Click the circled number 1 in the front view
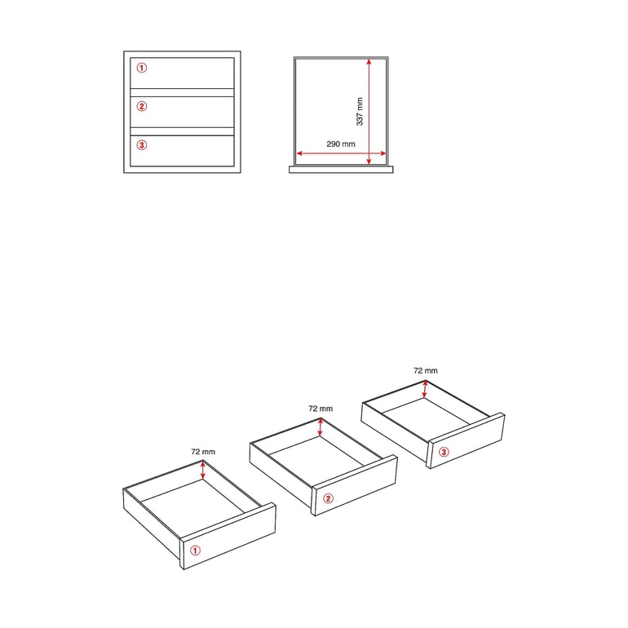tap(142, 68)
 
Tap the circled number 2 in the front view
tap(142, 106)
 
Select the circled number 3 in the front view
tap(142, 145)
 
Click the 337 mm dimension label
tap(360, 112)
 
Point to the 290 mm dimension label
tap(341, 144)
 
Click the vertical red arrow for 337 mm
tap(369, 112)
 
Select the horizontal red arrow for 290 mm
tap(341, 153)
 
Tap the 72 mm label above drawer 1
tap(203, 451)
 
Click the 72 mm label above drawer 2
tap(321, 409)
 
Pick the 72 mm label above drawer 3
tap(426, 370)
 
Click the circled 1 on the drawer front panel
tap(195, 551)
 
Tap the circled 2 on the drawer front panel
tap(328, 498)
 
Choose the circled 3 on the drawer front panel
tap(444, 452)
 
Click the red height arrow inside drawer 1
tap(203, 471)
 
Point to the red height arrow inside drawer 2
tap(320, 427)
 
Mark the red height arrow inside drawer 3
tap(425, 389)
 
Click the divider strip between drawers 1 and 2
tap(182, 92)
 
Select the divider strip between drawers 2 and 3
tap(182, 131)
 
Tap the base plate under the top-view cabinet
tap(341, 170)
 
